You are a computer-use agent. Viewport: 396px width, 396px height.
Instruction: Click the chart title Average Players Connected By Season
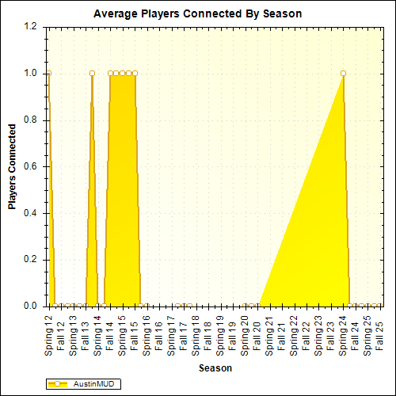(197, 13)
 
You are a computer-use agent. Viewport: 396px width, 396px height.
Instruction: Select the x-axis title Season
(215, 367)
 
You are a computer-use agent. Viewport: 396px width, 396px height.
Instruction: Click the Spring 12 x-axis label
(49, 332)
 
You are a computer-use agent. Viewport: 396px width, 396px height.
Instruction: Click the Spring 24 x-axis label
(343, 332)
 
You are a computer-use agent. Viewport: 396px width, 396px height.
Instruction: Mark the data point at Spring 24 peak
(343, 73)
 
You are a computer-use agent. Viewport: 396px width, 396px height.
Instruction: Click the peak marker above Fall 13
(93, 73)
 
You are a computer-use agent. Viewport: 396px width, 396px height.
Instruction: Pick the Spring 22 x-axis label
(294, 332)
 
